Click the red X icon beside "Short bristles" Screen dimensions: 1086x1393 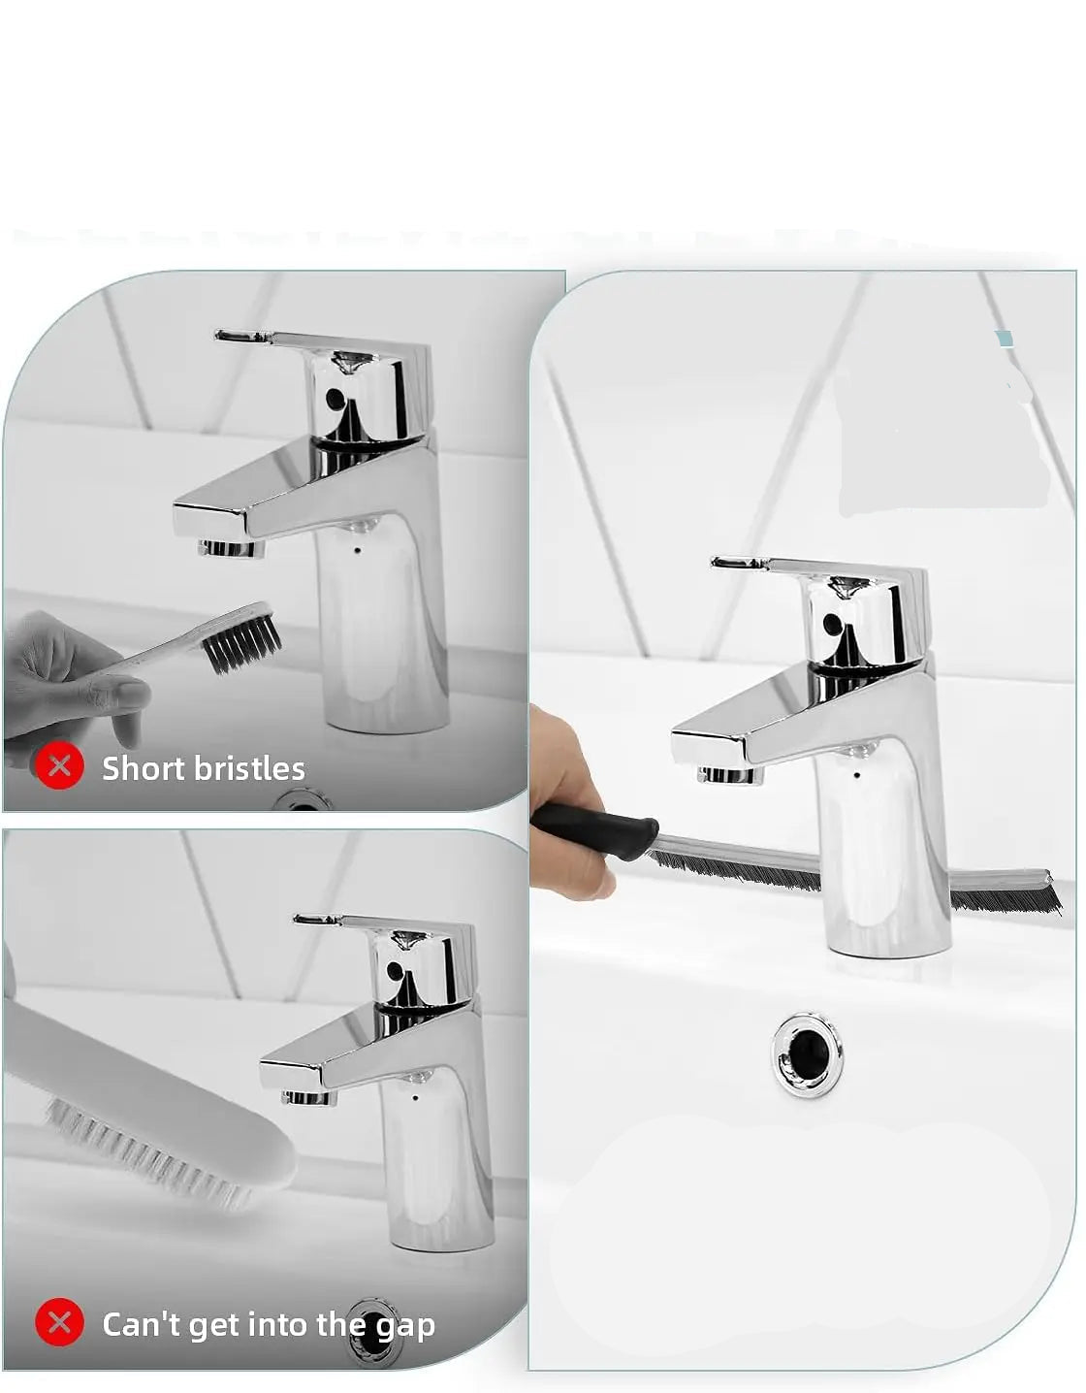pos(59,765)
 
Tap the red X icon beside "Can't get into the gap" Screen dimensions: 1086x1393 pos(59,1322)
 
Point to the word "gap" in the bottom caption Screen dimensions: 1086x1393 pos(405,1326)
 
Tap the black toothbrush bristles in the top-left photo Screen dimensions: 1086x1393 pos(242,641)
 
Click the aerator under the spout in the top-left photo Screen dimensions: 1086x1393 pos(232,548)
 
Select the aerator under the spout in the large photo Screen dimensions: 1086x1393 pos(730,775)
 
